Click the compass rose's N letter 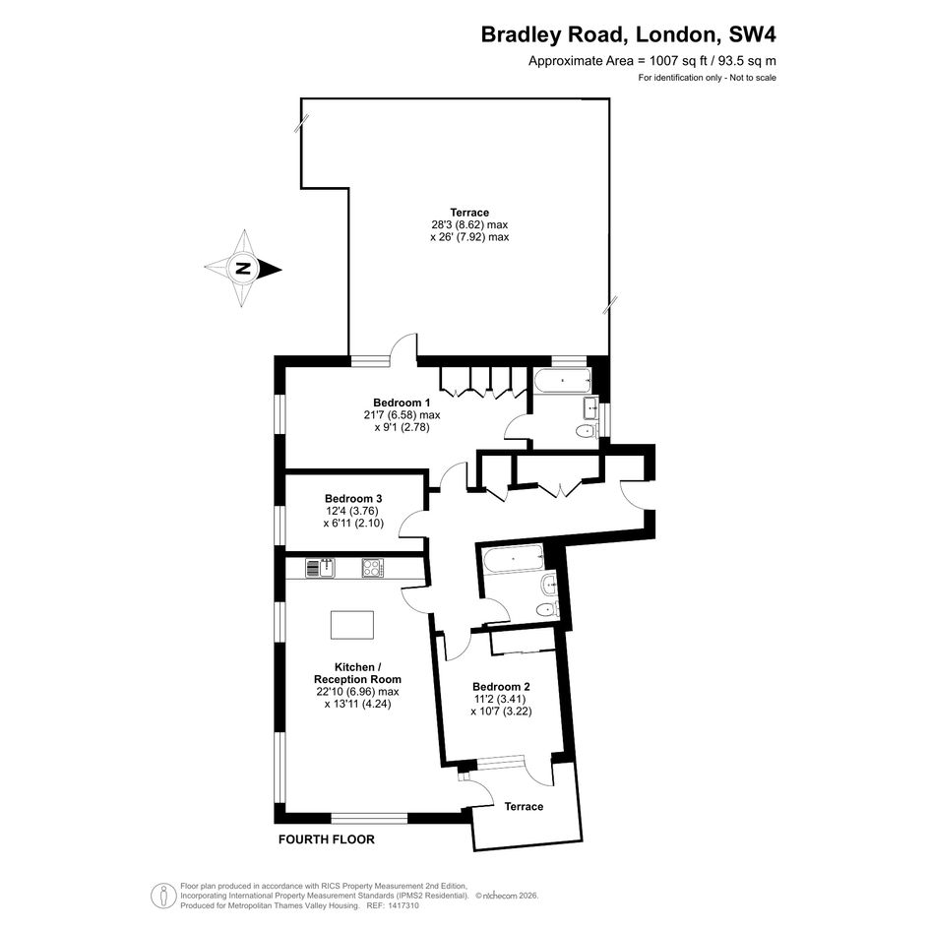pyautogui.click(x=241, y=268)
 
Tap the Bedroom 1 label pyautogui.click(x=402, y=403)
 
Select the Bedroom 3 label pyautogui.click(x=353, y=499)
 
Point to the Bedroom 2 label pyautogui.click(x=501, y=687)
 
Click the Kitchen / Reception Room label pyautogui.click(x=357, y=673)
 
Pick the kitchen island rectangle pyautogui.click(x=352, y=625)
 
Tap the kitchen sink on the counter pyautogui.click(x=321, y=568)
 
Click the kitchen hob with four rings pyautogui.click(x=373, y=568)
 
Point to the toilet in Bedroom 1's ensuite pyautogui.click(x=586, y=431)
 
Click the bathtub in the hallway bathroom pyautogui.click(x=514, y=559)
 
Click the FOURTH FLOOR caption pyautogui.click(x=327, y=839)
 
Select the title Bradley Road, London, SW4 pyautogui.click(x=628, y=34)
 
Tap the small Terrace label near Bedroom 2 pyautogui.click(x=524, y=807)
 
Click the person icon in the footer pyautogui.click(x=163, y=896)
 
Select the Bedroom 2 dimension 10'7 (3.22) pyautogui.click(x=501, y=712)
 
